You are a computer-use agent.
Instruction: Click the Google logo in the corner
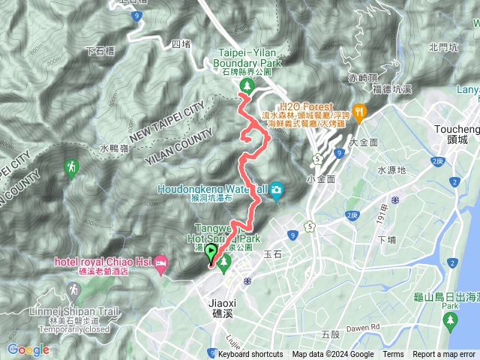coord(28,349)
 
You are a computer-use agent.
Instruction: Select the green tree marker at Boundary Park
coord(245,88)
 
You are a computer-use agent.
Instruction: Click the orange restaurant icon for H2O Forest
coord(361,112)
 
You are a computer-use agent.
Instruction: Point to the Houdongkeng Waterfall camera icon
coord(276,190)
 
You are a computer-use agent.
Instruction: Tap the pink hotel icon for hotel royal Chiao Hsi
coord(161,262)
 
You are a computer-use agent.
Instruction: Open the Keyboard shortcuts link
coord(250,355)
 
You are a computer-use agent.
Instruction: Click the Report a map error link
coord(444,355)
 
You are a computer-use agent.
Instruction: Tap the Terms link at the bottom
coord(393,355)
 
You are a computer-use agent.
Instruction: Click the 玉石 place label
coord(273,254)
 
